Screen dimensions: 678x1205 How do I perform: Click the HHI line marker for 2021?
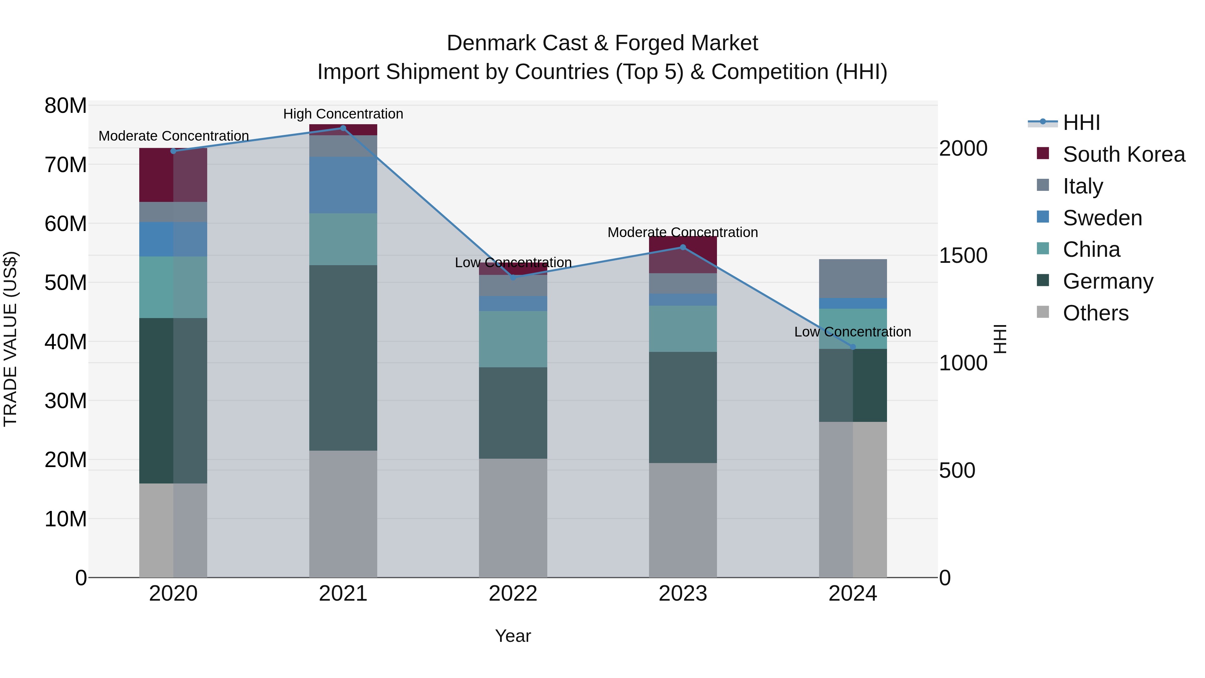343,128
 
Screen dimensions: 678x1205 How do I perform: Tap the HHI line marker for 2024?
853,347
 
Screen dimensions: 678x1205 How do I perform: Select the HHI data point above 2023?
682,247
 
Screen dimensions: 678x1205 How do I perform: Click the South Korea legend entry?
1124,154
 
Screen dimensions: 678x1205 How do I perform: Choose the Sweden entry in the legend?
1102,218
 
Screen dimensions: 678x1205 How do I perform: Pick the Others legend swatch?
1043,312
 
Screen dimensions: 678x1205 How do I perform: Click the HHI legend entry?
1081,123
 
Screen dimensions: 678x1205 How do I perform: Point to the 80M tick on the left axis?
66,106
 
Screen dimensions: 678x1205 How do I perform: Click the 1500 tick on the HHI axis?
963,255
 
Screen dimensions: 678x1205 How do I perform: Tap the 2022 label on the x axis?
513,594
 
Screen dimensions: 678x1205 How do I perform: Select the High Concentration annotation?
343,114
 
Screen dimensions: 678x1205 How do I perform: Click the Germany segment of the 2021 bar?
343,358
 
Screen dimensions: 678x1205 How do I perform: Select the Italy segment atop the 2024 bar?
853,279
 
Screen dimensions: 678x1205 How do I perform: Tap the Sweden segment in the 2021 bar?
343,185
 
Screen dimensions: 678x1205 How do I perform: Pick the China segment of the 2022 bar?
513,339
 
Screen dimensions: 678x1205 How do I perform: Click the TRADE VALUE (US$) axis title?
10,339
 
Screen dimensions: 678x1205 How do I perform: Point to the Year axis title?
513,636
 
